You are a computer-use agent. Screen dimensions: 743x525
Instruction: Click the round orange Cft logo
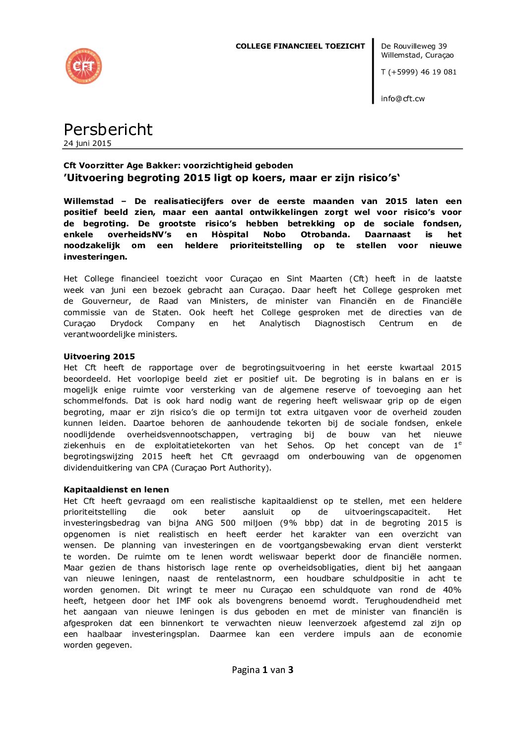click(x=83, y=66)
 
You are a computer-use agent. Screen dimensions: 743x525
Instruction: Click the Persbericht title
click(x=108, y=130)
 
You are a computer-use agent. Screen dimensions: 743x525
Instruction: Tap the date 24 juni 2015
click(x=87, y=143)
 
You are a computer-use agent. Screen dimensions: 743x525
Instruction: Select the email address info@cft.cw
click(x=402, y=99)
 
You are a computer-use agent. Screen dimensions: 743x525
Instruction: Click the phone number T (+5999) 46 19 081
click(x=418, y=72)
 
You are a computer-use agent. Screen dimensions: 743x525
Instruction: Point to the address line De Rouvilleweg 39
click(x=414, y=46)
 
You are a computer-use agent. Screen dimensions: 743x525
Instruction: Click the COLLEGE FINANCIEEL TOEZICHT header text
click(x=300, y=46)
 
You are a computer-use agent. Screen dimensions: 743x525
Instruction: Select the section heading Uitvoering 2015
click(x=99, y=356)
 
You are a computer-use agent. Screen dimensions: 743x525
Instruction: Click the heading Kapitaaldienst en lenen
click(x=116, y=489)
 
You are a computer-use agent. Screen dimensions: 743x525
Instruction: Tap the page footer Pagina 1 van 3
click(x=262, y=670)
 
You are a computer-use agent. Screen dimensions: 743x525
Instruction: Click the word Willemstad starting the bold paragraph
click(x=88, y=201)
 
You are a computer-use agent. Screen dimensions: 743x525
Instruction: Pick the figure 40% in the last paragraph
click(x=452, y=590)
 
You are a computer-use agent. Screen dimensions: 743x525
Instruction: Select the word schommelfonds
click(x=95, y=401)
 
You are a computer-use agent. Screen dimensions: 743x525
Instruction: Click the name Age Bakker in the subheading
click(x=153, y=165)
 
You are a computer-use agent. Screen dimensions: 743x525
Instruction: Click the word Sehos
click(x=300, y=446)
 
